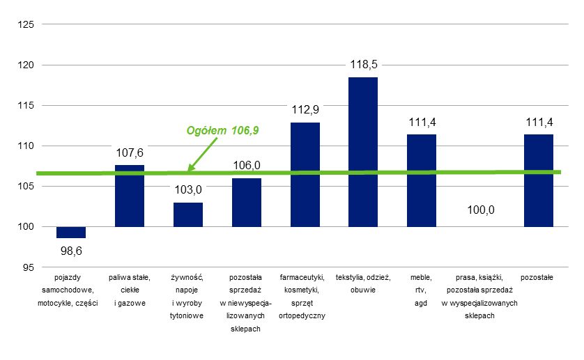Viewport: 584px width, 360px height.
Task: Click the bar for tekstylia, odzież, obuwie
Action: point(362,152)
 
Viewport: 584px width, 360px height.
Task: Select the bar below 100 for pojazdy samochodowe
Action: point(71,233)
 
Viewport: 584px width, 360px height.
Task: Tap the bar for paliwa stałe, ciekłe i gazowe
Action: point(130,196)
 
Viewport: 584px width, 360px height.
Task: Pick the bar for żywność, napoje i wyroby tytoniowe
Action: point(188,214)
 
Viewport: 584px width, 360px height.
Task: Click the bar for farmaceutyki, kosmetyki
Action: point(305,174)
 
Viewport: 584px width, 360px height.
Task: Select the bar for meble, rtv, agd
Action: point(422,180)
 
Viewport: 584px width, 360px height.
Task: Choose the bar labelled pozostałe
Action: point(538,180)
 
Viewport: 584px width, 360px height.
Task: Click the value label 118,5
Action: point(362,65)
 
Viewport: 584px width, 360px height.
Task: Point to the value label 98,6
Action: point(71,250)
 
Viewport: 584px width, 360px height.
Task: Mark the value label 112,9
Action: point(305,109)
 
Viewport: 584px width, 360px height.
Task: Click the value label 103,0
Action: point(188,189)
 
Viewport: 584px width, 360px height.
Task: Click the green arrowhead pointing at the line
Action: point(190,167)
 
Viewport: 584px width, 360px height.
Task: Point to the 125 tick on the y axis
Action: point(25,25)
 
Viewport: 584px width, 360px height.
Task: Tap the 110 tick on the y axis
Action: point(25,146)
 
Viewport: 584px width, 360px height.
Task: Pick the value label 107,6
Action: point(130,152)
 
